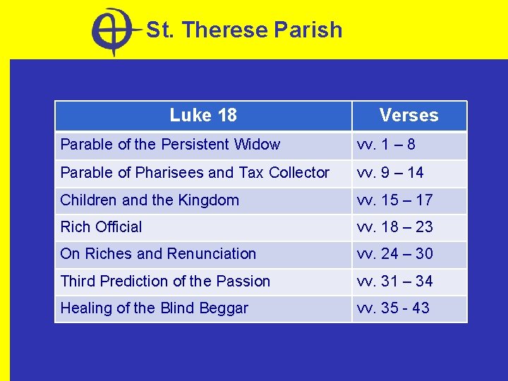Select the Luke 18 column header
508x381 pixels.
pos(203,115)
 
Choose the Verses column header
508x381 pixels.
pos(409,115)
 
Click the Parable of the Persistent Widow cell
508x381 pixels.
pos(170,145)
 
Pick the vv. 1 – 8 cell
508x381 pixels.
pos(386,145)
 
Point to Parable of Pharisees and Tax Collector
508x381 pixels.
pos(195,172)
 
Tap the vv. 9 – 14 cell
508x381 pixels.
pos(390,172)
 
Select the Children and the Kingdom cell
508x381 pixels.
pos(150,200)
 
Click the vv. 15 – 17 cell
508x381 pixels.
pos(394,200)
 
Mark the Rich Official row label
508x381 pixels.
pos(101,226)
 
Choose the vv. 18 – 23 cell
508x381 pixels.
pos(394,226)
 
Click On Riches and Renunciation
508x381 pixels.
pos(158,253)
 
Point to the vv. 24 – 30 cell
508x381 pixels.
pos(394,253)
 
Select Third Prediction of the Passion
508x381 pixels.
pos(165,281)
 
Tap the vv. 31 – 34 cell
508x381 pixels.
pos(394,281)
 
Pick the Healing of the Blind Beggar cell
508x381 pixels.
pos(154,308)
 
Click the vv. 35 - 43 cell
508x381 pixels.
pos(393,308)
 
